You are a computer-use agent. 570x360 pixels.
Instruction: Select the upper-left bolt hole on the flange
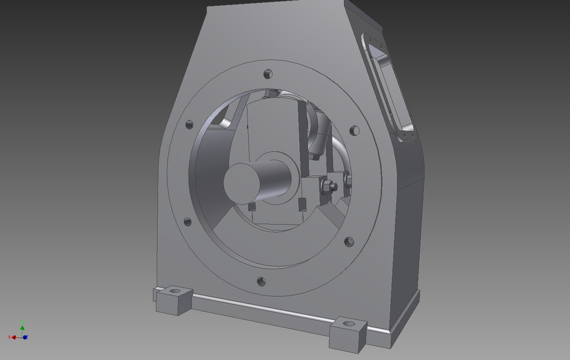point(189,125)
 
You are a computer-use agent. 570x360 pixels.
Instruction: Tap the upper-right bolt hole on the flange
point(354,130)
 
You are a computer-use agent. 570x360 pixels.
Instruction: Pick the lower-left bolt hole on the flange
point(188,222)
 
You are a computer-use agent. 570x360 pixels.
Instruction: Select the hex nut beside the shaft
point(327,187)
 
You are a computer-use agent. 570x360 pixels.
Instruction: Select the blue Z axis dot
point(25,337)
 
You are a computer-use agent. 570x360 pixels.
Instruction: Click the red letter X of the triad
point(10,337)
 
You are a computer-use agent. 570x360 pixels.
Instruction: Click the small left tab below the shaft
point(252,207)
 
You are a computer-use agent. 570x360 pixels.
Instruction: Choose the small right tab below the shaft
point(301,206)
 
